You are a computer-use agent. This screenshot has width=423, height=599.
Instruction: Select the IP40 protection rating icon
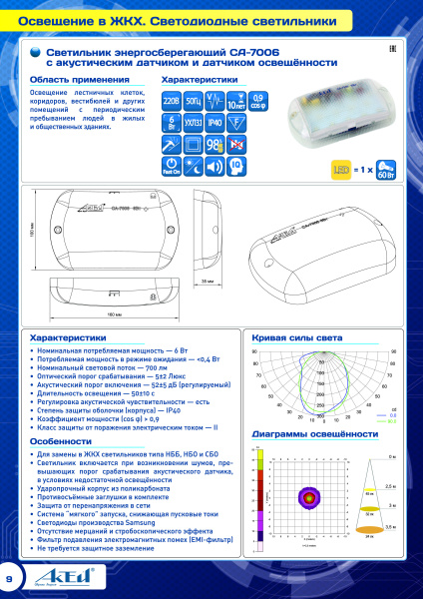(x=214, y=123)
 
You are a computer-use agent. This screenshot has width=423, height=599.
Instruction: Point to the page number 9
(x=11, y=578)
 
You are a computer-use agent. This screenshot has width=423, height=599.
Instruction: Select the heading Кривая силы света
(x=296, y=337)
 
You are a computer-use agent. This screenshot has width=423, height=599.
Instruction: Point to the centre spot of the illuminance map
(x=306, y=496)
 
